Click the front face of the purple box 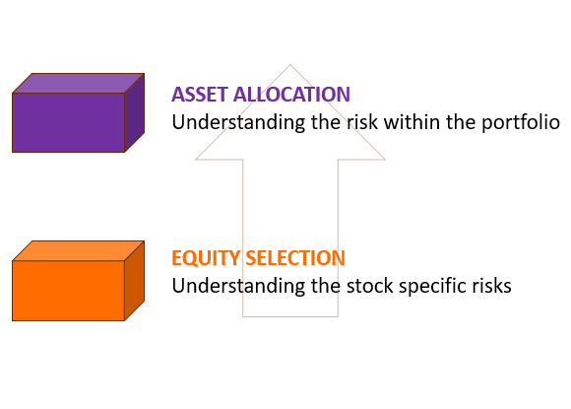[x=68, y=122]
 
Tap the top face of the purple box [x=79, y=83]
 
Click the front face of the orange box [x=68, y=291]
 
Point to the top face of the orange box [x=79, y=250]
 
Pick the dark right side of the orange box [x=135, y=280]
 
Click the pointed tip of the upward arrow [x=290, y=67]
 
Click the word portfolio [x=523, y=123]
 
